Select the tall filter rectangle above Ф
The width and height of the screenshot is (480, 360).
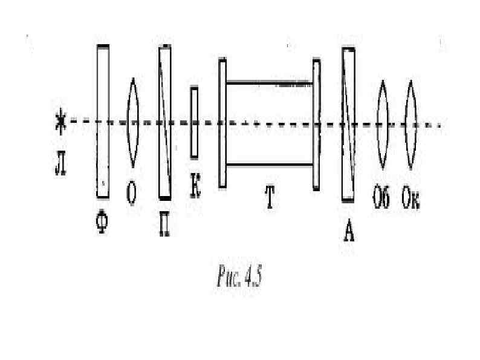click(x=103, y=121)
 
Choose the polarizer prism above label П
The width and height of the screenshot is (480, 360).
click(x=164, y=122)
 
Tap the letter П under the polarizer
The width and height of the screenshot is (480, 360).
click(x=163, y=228)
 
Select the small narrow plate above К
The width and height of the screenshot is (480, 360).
click(x=194, y=122)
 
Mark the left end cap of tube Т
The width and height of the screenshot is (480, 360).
click(x=222, y=123)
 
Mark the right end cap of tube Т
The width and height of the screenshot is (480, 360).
click(x=316, y=124)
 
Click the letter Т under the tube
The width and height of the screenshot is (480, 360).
click(x=268, y=200)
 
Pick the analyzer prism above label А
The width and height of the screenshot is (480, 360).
click(x=348, y=124)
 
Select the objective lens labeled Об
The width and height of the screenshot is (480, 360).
click(x=382, y=125)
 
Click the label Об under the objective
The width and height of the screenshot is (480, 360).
click(x=381, y=200)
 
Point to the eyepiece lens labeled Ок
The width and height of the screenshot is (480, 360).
click(x=411, y=125)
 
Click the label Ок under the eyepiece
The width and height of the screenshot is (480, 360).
click(x=411, y=200)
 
